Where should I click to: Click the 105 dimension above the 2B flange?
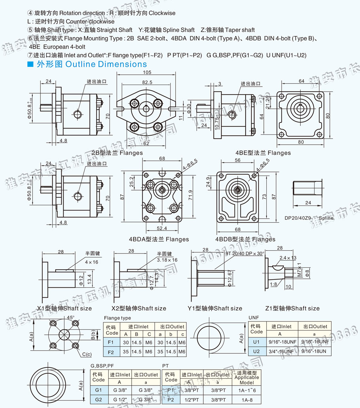tap(147, 72)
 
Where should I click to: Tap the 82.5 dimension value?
tap(147, 82)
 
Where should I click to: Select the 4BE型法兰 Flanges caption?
tap(263, 153)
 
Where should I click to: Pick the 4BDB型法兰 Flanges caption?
tap(245, 239)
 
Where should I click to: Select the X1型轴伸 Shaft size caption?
tap(64, 308)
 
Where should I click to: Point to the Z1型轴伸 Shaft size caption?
tap(292, 308)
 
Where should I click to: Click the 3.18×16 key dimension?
tap(167, 260)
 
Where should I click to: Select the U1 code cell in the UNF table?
tap(256, 342)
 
